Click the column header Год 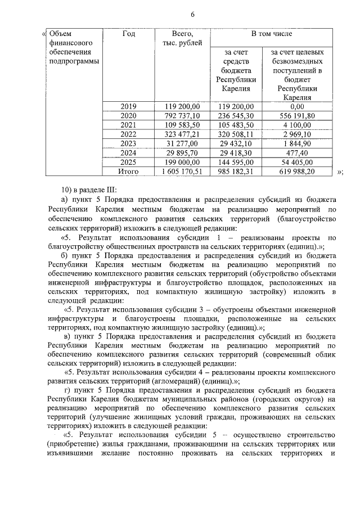[x=128, y=34]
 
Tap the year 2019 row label [x=128, y=106]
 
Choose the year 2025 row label [x=128, y=162]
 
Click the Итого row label [x=128, y=171]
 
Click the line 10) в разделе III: [x=88, y=190]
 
